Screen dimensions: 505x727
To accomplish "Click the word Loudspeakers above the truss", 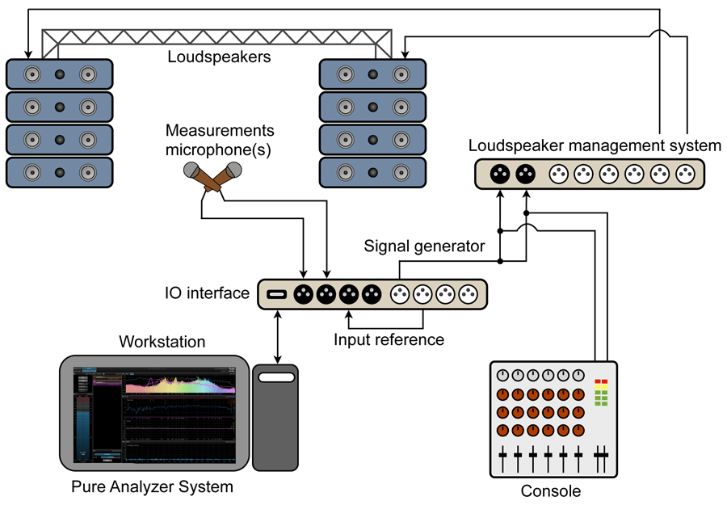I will click(218, 57).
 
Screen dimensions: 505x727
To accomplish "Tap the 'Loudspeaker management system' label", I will click(595, 146).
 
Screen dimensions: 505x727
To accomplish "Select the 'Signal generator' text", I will click(424, 246).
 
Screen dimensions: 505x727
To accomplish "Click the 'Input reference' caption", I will click(389, 339).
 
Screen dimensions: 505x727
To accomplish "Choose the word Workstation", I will click(162, 343).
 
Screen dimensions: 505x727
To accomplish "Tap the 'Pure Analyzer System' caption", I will click(152, 487).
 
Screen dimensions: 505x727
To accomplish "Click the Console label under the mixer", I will click(550, 490).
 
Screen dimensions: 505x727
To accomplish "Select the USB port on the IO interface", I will click(276, 293).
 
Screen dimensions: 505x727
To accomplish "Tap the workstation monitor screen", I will click(154, 415).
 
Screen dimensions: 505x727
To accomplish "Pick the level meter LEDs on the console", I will click(600, 392).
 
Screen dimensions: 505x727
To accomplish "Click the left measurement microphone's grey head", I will click(192, 170).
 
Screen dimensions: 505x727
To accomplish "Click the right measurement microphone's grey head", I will click(234, 170).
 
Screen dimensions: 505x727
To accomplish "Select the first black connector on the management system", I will click(500, 174).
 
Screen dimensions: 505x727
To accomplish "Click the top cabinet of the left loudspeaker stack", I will click(59, 75).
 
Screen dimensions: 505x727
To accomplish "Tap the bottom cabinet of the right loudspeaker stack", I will click(372, 172).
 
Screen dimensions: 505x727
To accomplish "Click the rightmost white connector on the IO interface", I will click(466, 294).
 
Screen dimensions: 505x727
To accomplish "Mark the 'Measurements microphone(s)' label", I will click(220, 140).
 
